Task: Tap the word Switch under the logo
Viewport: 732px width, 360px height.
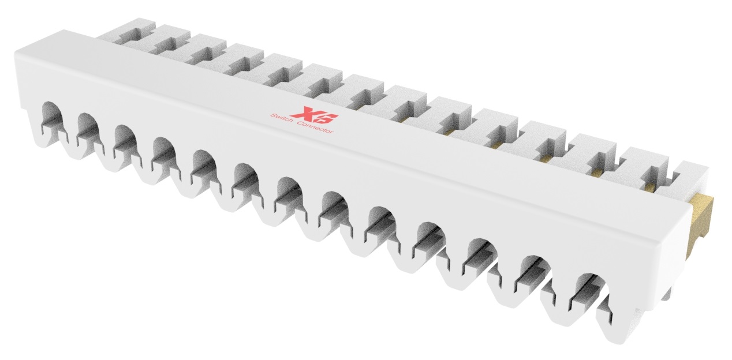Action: click(x=283, y=119)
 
